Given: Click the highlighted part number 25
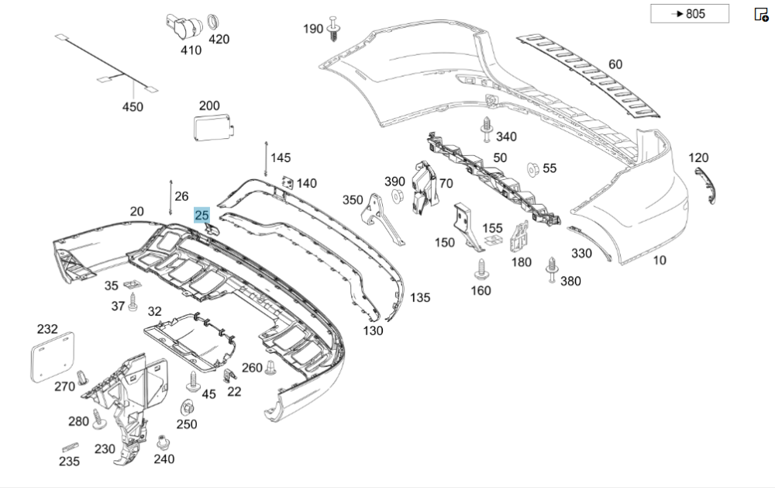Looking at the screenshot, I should tap(202, 215).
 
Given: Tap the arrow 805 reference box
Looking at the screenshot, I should tap(679, 14).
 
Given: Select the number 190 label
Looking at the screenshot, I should tap(313, 29).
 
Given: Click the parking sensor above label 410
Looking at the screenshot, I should tap(181, 26).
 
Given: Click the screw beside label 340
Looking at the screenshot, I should tap(486, 130).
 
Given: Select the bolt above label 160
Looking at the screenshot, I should tap(480, 269).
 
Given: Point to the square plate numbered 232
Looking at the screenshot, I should tap(54, 355).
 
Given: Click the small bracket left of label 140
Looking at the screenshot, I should tap(286, 182).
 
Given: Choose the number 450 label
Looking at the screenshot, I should tap(133, 106).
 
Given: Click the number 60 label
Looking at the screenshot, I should tap(615, 64).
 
